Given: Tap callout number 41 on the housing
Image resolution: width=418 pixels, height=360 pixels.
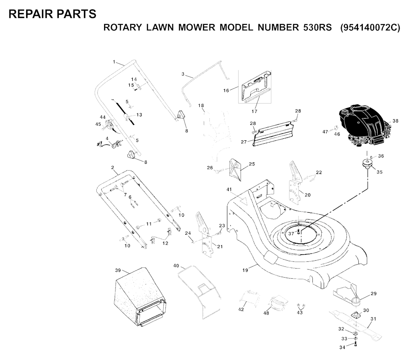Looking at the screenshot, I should coord(229,190).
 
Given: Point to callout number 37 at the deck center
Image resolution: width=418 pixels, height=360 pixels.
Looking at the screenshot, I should coord(291,234).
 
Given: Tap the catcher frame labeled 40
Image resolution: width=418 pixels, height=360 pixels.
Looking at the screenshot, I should coord(200,290).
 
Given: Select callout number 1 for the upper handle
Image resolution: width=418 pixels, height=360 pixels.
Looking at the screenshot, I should coord(114,62).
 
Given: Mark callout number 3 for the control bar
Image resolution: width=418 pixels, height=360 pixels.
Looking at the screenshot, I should coord(183,74).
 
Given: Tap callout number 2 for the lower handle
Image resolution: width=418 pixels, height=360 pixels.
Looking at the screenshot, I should coord(112,168).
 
